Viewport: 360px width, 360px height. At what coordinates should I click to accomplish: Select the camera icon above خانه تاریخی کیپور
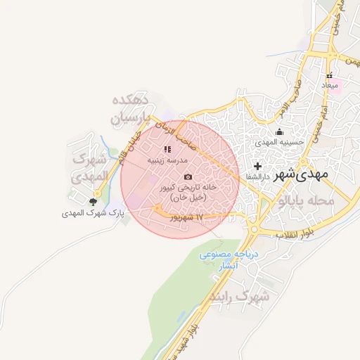click(x=187, y=176)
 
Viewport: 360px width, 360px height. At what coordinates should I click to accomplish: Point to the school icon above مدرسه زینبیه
click(x=167, y=149)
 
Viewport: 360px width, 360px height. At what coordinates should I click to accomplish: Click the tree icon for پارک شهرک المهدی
click(x=93, y=202)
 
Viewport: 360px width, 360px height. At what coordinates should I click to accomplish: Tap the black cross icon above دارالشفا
click(x=257, y=167)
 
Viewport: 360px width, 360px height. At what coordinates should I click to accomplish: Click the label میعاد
click(x=330, y=85)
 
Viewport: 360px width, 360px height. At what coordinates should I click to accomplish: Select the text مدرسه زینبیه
click(x=167, y=160)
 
